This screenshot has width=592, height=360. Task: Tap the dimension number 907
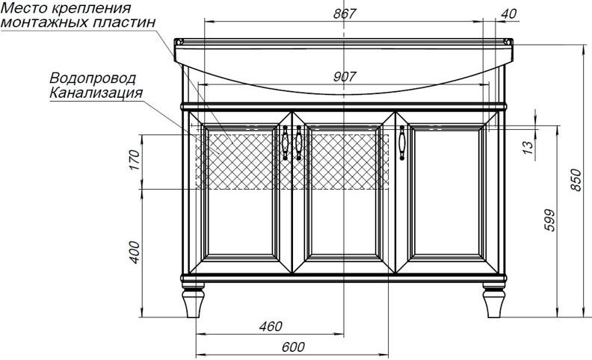click(x=344, y=75)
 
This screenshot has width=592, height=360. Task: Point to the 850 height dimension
click(x=576, y=179)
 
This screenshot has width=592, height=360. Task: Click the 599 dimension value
click(x=550, y=221)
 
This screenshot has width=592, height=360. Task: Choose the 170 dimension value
click(x=135, y=161)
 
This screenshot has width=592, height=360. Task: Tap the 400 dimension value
click(x=135, y=252)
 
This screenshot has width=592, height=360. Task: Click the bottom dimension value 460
click(x=270, y=326)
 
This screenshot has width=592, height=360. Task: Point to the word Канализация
click(x=96, y=93)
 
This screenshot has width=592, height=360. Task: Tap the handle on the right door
click(x=402, y=143)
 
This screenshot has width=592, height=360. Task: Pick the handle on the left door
click(x=286, y=143)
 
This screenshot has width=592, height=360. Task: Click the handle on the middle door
click(x=299, y=143)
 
